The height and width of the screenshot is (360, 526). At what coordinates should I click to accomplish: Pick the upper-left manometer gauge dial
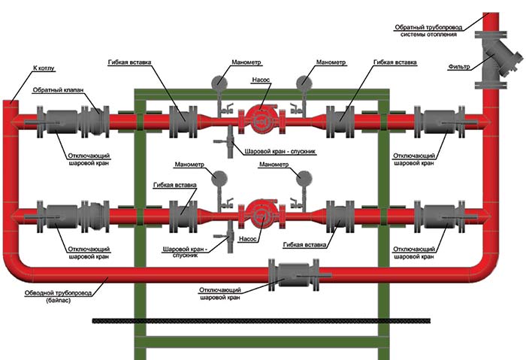pos(218,79)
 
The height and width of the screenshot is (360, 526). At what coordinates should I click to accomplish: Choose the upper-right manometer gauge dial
pos(305,79)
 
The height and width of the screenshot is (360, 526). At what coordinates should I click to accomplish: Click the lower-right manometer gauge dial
pos(304,178)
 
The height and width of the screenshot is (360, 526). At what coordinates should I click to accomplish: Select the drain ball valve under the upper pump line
pos(225,141)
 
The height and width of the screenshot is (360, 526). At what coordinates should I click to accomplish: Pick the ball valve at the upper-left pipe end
pos(56,119)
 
